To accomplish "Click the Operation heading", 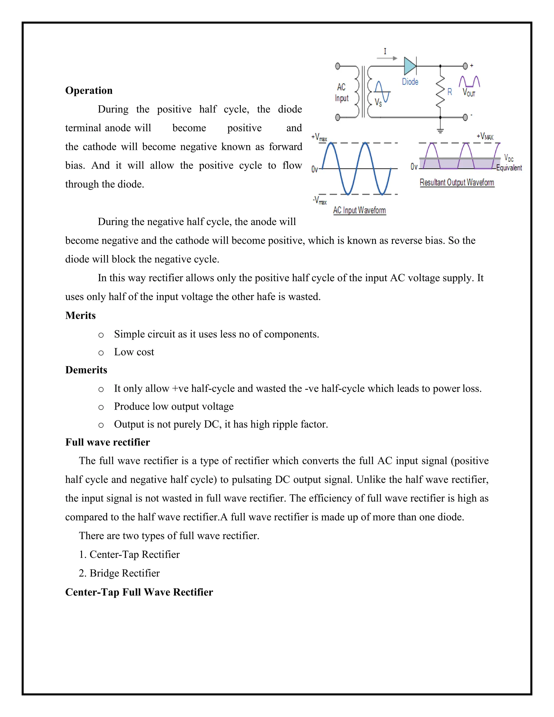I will point(89,90).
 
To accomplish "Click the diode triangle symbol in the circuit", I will point(410,66).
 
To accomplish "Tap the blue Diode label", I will point(410,82).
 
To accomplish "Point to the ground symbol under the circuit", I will point(440,130).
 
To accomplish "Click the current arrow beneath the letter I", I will point(387,58).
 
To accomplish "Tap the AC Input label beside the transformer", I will point(341,93).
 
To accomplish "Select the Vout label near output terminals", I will point(469,93).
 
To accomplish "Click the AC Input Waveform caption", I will point(360,210).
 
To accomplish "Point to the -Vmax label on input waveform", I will point(320,200).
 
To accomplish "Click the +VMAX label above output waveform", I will point(485,136).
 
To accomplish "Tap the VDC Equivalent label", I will point(509,163).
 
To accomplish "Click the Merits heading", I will point(80,315).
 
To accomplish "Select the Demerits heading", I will point(86,370).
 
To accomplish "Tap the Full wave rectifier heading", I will point(107,442).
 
